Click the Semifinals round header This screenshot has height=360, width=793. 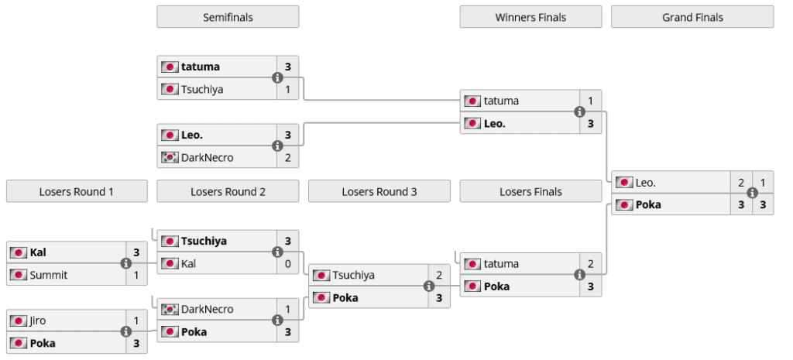point(228,17)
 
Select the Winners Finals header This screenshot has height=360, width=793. point(530,17)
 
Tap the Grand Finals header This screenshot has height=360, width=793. point(692,17)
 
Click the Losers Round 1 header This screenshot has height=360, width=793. point(77,191)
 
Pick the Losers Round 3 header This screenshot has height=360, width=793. point(379,191)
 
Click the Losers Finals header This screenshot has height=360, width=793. point(530,191)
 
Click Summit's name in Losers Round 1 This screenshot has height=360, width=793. point(49,275)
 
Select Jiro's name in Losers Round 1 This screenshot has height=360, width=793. point(39,321)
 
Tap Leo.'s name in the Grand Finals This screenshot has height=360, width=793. point(645,183)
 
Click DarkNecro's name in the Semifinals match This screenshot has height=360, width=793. point(207,158)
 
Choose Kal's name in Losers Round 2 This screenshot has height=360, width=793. point(188,264)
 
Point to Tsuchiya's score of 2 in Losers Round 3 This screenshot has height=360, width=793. point(439,275)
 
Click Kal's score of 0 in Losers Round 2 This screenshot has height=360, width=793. point(287,264)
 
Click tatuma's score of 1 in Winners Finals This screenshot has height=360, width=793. point(590,101)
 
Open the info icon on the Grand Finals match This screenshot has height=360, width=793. point(752,194)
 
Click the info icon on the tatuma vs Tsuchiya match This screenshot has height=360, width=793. point(277,77)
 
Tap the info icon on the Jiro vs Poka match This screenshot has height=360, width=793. point(126,332)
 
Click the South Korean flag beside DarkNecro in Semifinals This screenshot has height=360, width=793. point(170,158)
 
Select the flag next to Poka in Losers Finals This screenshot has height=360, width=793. point(472,286)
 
